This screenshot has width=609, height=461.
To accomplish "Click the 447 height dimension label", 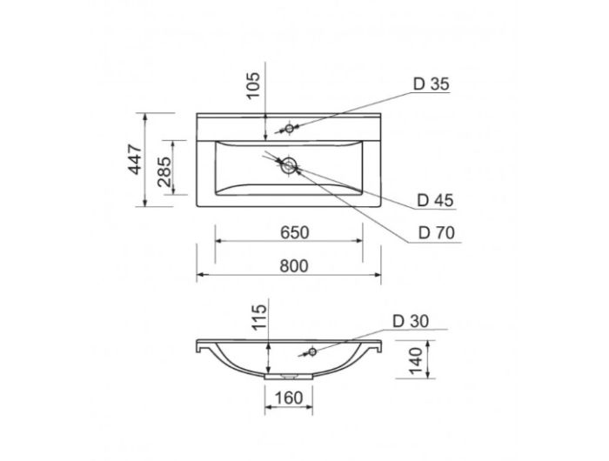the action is pyautogui.click(x=135, y=159).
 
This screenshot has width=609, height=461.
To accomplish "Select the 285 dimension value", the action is pyautogui.click(x=164, y=171).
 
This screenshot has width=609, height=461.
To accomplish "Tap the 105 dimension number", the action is pyautogui.click(x=253, y=86).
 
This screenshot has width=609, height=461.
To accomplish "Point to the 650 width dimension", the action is pyautogui.click(x=295, y=232).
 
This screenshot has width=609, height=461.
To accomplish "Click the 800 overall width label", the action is pyautogui.click(x=294, y=266).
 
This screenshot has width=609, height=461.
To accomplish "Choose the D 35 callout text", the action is pyautogui.click(x=432, y=84).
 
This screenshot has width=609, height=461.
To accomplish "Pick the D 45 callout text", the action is pyautogui.click(x=435, y=200).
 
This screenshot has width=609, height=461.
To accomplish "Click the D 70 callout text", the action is pyautogui.click(x=436, y=232).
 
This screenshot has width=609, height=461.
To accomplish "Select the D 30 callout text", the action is pyautogui.click(x=411, y=321).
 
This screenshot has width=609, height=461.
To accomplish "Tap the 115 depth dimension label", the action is pyautogui.click(x=260, y=317).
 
